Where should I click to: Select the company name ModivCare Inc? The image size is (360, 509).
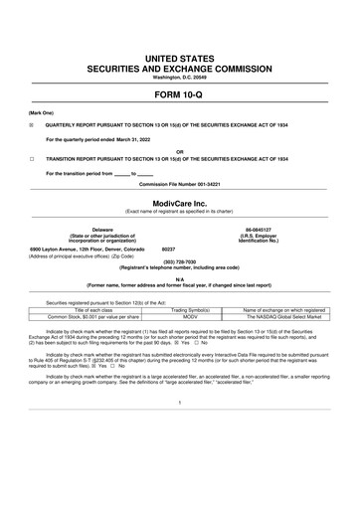179,201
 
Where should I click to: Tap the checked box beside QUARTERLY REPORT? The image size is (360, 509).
32,125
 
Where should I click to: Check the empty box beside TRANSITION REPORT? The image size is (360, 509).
32,158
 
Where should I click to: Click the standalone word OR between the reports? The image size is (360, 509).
179,152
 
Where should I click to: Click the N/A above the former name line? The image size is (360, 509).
179,279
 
